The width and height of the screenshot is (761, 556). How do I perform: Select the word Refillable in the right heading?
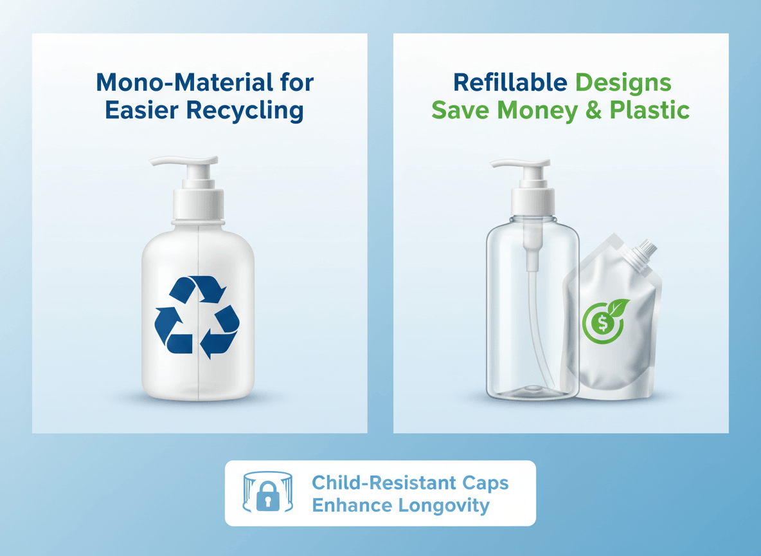pos(510,82)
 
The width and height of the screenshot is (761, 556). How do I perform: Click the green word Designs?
pos(623,83)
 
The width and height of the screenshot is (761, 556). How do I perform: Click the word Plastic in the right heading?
pos(649,110)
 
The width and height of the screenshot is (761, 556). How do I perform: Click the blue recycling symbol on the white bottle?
pos(197,317)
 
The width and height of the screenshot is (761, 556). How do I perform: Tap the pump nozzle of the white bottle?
pos(184,162)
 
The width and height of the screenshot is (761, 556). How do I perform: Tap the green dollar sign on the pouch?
pos(603,323)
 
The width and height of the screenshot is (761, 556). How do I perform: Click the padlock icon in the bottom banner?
pos(267,496)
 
